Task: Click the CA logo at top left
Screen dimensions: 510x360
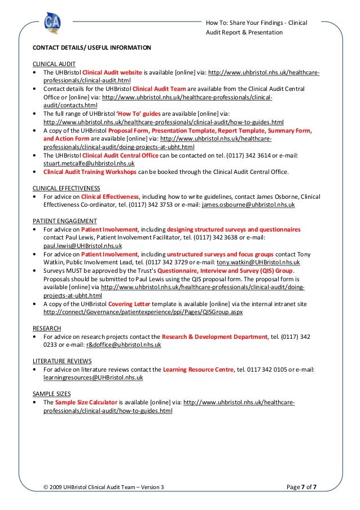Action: (x=52, y=23)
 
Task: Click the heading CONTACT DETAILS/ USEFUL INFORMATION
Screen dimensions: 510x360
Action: (x=91, y=47)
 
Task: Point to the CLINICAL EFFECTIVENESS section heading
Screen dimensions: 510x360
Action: (x=67, y=188)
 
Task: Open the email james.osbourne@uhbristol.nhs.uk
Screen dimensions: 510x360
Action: (x=248, y=205)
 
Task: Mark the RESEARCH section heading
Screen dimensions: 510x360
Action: (x=47, y=328)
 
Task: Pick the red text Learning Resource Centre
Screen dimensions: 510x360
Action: (x=197, y=369)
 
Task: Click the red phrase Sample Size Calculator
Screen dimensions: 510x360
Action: (x=86, y=402)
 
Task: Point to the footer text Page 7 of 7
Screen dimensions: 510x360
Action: (x=301, y=486)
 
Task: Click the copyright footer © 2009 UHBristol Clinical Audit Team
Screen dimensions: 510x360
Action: (x=104, y=486)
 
